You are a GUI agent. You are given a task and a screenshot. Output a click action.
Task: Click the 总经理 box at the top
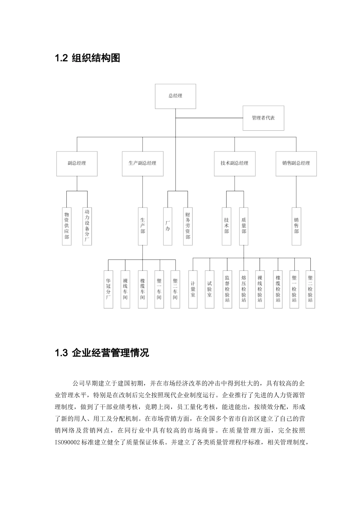click(x=175, y=96)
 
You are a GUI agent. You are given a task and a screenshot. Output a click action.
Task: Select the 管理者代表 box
click(x=263, y=118)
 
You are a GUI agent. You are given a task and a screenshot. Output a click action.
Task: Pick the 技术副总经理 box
click(x=234, y=163)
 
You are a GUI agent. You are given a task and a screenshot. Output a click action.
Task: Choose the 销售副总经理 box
click(x=296, y=163)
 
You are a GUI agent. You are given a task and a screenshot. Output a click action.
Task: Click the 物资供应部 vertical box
click(x=67, y=226)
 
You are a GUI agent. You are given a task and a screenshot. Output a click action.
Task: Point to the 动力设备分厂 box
click(x=87, y=226)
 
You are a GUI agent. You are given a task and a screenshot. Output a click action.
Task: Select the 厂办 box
click(x=168, y=226)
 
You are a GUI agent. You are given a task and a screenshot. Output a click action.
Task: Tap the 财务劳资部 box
click(x=188, y=226)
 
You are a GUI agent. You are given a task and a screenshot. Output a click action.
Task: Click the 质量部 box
click(x=244, y=226)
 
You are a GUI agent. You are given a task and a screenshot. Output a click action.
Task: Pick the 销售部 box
click(x=296, y=226)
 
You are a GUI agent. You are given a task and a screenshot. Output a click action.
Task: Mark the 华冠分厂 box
click(x=108, y=289)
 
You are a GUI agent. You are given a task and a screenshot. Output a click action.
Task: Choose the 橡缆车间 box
click(x=142, y=289)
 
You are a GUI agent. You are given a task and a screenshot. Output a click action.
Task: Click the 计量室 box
click(x=193, y=289)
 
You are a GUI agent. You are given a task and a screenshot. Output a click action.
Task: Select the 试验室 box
click(x=210, y=289)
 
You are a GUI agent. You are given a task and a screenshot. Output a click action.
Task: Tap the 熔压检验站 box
click(x=244, y=289)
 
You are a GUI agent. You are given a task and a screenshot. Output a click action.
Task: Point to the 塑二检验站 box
click(x=310, y=289)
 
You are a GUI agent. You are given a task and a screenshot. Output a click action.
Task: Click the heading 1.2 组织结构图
click(x=88, y=58)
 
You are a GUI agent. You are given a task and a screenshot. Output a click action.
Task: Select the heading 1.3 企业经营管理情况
click(x=102, y=353)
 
